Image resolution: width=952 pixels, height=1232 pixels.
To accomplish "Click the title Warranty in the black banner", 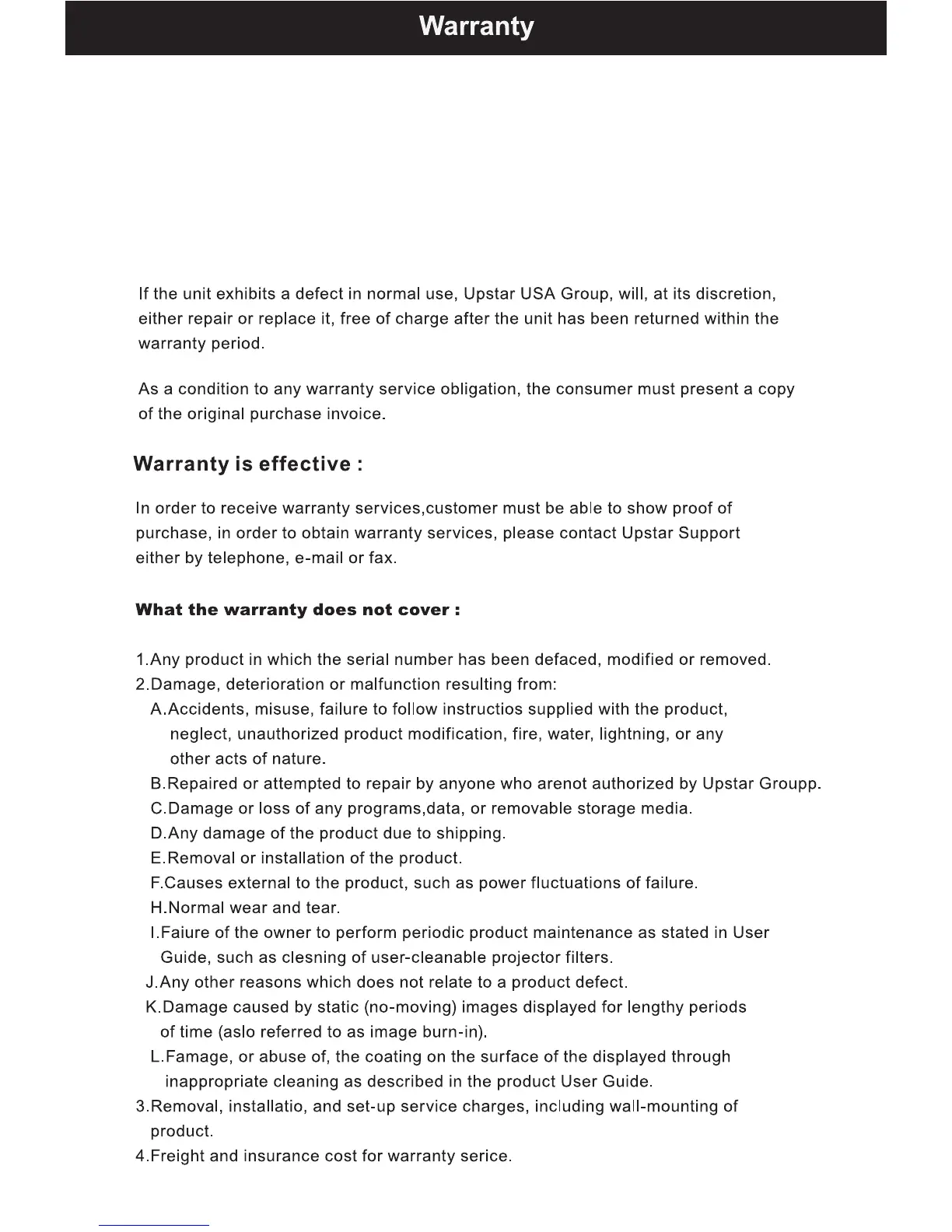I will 476,26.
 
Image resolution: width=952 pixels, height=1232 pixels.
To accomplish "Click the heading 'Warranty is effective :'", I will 248,464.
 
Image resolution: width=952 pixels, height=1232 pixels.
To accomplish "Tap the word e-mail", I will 319,558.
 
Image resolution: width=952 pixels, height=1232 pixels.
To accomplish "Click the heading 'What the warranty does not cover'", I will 298,610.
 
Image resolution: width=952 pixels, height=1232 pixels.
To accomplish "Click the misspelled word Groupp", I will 789,784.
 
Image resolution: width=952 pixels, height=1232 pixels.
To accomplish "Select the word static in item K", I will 338,1007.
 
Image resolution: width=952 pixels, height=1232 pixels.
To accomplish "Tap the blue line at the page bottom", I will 154,1225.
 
